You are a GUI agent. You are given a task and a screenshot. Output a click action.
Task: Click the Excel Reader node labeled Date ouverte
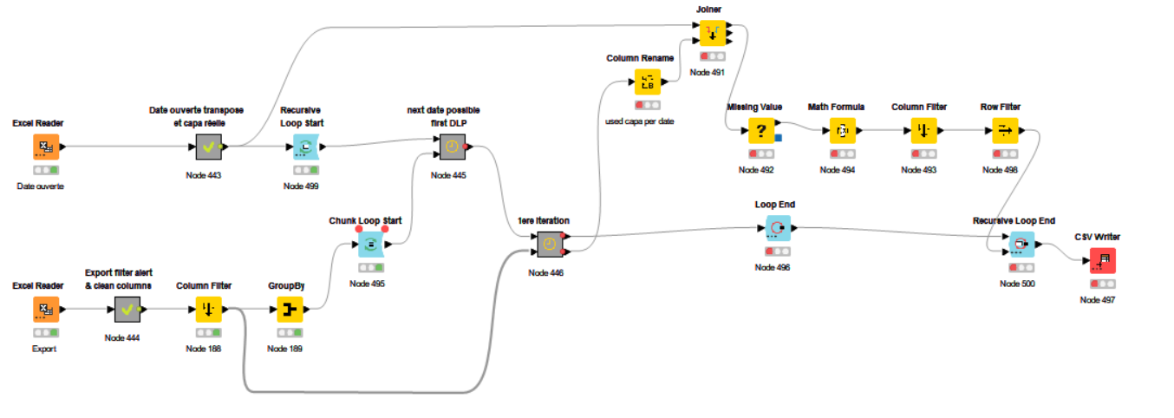[x=46, y=147]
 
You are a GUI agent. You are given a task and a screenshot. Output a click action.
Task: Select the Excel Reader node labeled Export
[x=46, y=309]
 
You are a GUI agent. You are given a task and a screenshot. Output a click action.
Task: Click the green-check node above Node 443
[x=209, y=147]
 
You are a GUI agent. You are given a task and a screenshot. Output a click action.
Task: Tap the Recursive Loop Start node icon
[x=306, y=147]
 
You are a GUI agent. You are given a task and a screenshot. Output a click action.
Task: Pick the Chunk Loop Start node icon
[x=371, y=244]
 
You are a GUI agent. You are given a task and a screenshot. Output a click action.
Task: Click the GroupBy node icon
[x=290, y=309]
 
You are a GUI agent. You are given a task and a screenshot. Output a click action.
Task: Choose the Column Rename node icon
[x=648, y=82]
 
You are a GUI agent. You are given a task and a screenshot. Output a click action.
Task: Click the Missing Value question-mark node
[x=761, y=131]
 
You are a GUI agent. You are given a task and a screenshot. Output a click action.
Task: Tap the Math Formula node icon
[x=843, y=131]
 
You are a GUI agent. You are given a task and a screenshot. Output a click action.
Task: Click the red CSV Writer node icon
[x=1103, y=260]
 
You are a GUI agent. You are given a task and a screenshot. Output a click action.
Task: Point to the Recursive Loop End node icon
[x=1021, y=244]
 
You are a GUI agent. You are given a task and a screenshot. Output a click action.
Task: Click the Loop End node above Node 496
[x=778, y=228]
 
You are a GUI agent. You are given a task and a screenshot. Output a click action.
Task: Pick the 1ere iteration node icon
[x=550, y=244]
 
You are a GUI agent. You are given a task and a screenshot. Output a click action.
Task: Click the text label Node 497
[x=1098, y=299]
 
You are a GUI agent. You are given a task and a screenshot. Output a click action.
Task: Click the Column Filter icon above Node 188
[x=209, y=309]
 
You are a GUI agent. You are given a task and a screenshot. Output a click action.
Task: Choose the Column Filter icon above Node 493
[x=924, y=131]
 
